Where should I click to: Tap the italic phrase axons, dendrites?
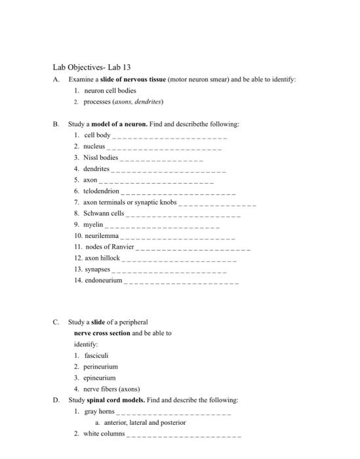(138, 102)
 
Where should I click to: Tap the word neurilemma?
(101, 235)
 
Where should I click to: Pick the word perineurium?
(101, 367)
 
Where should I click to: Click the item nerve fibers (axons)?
(111, 389)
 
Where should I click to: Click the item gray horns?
(100, 411)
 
